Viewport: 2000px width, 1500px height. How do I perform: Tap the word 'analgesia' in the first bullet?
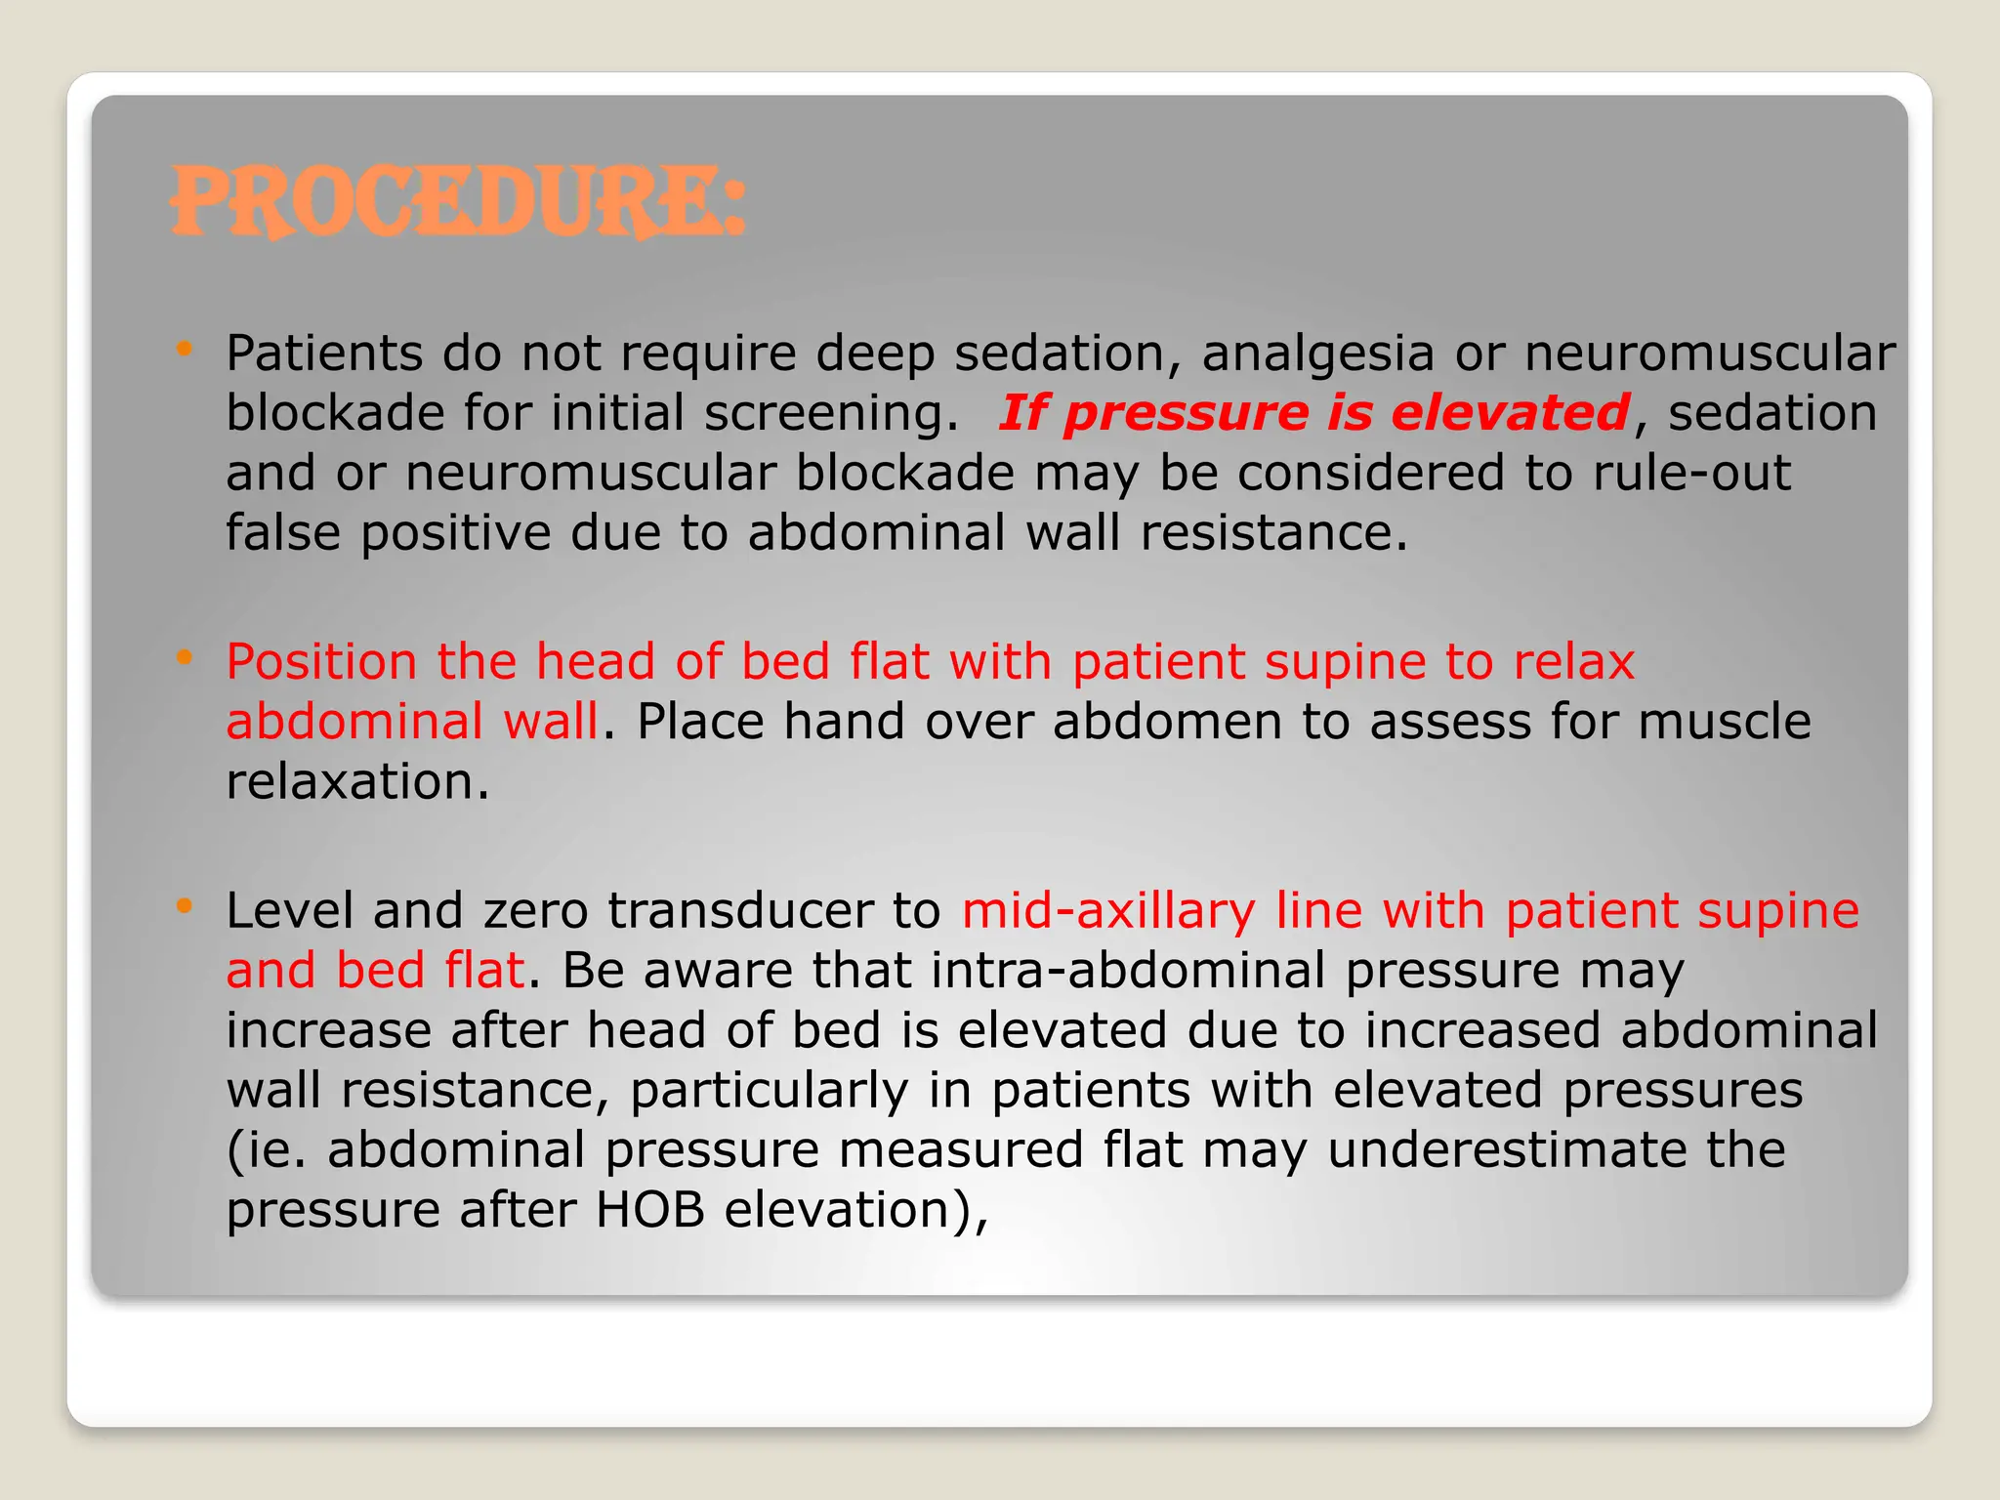1317,354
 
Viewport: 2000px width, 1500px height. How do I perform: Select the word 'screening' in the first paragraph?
831,414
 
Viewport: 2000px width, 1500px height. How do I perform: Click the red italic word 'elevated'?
1510,413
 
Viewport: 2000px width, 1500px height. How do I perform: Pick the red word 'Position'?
322,662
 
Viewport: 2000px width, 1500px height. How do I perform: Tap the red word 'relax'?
1573,662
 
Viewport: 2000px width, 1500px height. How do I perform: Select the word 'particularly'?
769,1091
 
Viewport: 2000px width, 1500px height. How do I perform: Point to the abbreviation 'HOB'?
650,1210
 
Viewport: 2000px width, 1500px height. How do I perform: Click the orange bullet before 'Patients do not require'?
184,349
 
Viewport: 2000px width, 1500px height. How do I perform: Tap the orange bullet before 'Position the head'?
184,657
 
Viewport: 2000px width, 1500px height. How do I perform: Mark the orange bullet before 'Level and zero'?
184,906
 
